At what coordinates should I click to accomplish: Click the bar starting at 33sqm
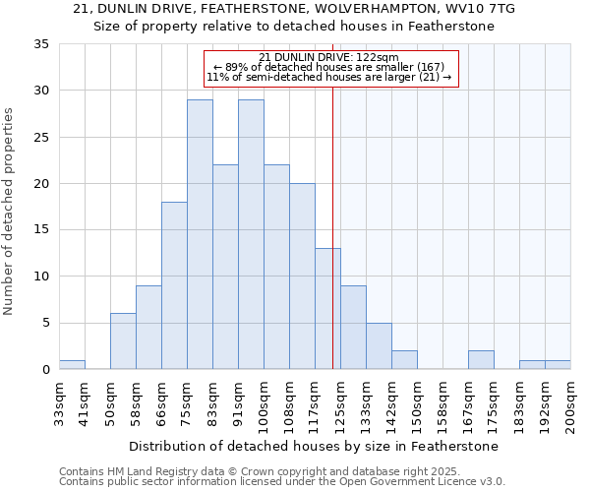coord(72,365)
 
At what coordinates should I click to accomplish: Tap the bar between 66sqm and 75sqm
coord(174,285)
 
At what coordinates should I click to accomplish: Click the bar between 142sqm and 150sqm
coord(404,360)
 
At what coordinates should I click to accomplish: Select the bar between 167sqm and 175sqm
coord(481,360)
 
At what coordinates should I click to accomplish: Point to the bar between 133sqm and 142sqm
coord(379,346)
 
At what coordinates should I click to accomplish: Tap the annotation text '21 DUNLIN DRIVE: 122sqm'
coord(329,58)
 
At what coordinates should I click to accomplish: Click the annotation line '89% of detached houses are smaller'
coord(329,67)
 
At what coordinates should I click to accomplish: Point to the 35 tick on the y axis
coord(41,44)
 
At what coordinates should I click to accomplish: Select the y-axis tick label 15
coord(41,230)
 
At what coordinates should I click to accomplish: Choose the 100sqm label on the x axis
coord(264,402)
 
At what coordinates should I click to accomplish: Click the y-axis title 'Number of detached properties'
coord(10,212)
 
